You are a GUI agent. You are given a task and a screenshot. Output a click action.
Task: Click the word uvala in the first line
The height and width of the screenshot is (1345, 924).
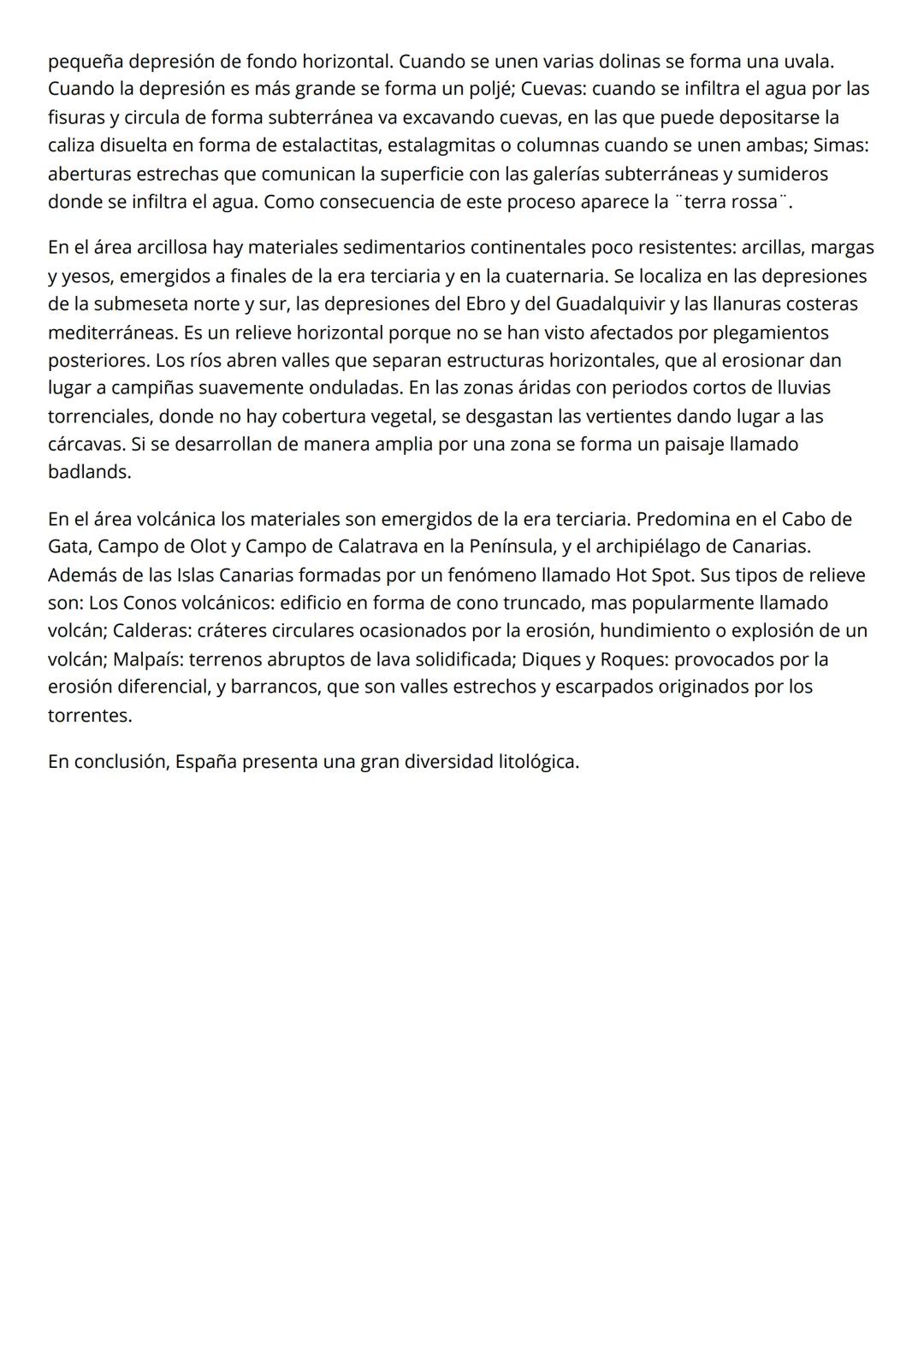click(x=808, y=62)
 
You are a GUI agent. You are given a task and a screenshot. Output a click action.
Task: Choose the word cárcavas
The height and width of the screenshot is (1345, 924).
click(x=86, y=444)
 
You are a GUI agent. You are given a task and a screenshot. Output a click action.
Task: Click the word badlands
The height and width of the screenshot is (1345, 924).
click(x=89, y=471)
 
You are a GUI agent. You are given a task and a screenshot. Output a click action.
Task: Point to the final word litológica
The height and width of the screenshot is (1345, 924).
click(x=538, y=761)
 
